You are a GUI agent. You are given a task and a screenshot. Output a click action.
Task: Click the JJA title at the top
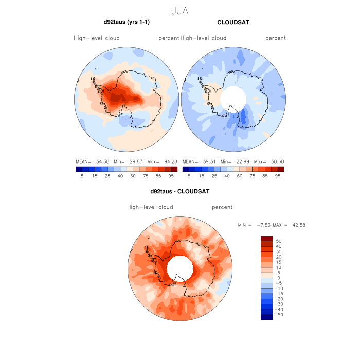(x=180, y=10)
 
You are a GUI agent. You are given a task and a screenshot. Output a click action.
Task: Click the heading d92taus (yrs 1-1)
(x=127, y=22)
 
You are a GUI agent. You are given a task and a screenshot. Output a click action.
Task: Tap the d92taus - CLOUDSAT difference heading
(x=180, y=191)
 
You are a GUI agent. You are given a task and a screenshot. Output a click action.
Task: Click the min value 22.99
(x=241, y=161)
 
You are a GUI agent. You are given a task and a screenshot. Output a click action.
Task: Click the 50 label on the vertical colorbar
(x=278, y=241)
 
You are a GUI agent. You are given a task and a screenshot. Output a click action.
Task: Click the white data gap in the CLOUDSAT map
(x=233, y=97)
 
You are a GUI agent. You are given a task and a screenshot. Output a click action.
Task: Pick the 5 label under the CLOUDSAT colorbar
(x=189, y=176)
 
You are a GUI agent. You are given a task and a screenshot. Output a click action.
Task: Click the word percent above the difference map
(x=222, y=207)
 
